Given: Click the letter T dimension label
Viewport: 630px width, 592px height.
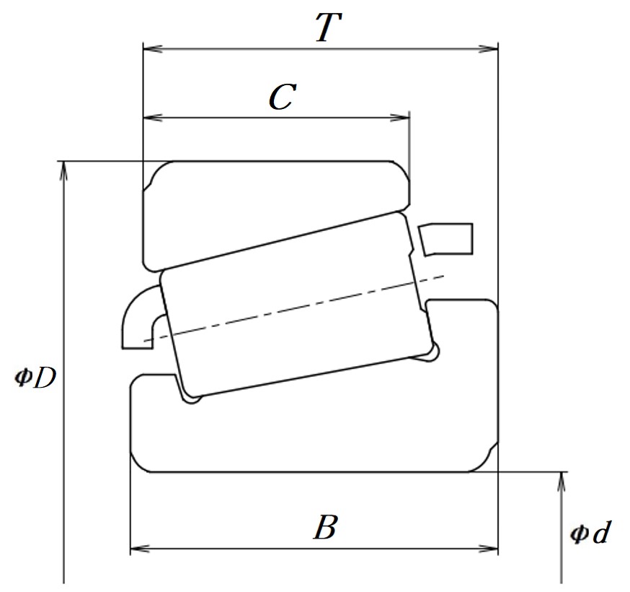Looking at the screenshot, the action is click(x=328, y=27).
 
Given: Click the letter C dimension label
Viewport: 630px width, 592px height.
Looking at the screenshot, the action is click(x=283, y=97).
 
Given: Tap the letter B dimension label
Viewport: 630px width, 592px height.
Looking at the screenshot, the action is click(x=324, y=526).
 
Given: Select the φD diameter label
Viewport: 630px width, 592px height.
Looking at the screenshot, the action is click(x=35, y=378).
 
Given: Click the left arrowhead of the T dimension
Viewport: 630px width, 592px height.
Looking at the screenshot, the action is click(x=153, y=49).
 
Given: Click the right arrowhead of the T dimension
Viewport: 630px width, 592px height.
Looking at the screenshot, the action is click(x=488, y=49).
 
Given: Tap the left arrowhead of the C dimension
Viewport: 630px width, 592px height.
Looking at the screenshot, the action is click(x=153, y=118).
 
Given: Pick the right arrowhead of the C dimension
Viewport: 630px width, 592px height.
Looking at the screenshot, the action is click(x=400, y=118).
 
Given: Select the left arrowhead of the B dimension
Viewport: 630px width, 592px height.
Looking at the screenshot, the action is click(x=140, y=549).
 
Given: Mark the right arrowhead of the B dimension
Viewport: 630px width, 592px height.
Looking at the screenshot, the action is click(x=488, y=549).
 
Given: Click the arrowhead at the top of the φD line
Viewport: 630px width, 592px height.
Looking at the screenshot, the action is click(x=63, y=171).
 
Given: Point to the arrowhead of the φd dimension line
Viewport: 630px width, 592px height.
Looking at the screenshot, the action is click(x=562, y=482).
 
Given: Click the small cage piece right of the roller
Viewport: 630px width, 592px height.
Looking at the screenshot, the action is click(x=446, y=239).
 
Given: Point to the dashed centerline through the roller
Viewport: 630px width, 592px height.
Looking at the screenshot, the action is click(x=294, y=308).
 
